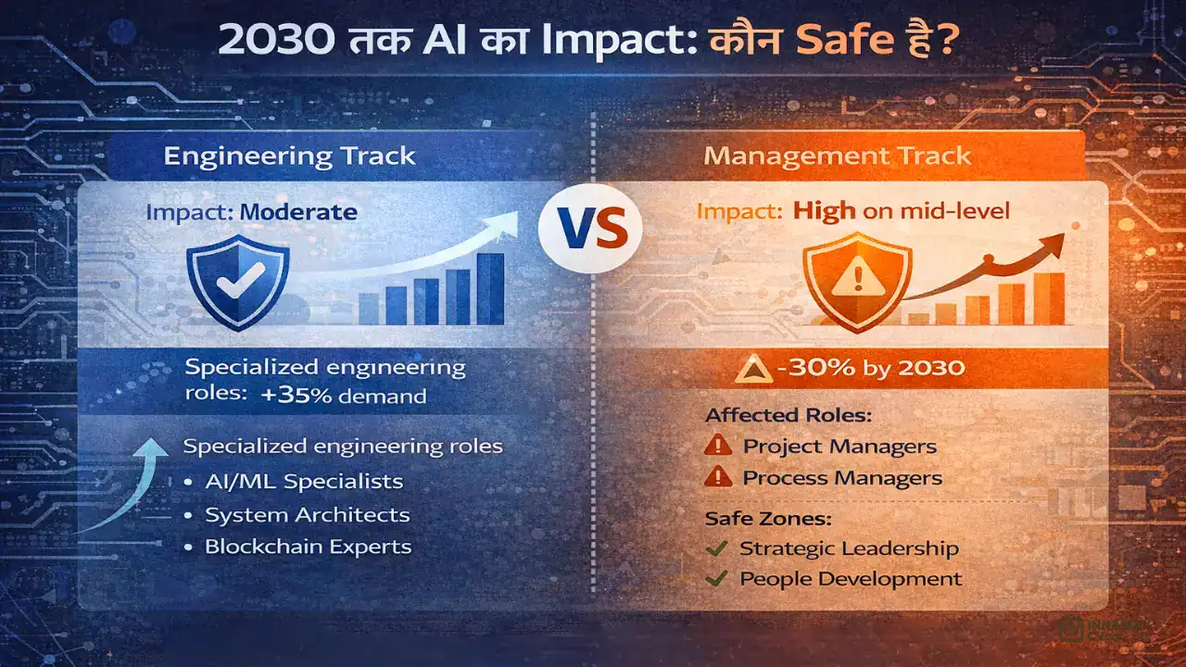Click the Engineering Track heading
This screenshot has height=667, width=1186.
coord(290,155)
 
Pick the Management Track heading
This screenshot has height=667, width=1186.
coord(838,155)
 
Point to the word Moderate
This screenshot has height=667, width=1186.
coord(298,211)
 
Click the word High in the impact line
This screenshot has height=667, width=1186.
coord(825,211)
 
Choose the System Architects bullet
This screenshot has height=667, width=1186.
coord(308,514)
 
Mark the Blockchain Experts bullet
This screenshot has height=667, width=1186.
coord(309,547)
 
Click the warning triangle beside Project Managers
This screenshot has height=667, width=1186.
coord(718,446)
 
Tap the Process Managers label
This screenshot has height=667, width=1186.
coord(842,478)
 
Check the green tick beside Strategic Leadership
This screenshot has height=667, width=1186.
coord(715,548)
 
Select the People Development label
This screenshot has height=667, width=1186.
coord(851,579)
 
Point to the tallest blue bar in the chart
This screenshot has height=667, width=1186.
coord(490,288)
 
